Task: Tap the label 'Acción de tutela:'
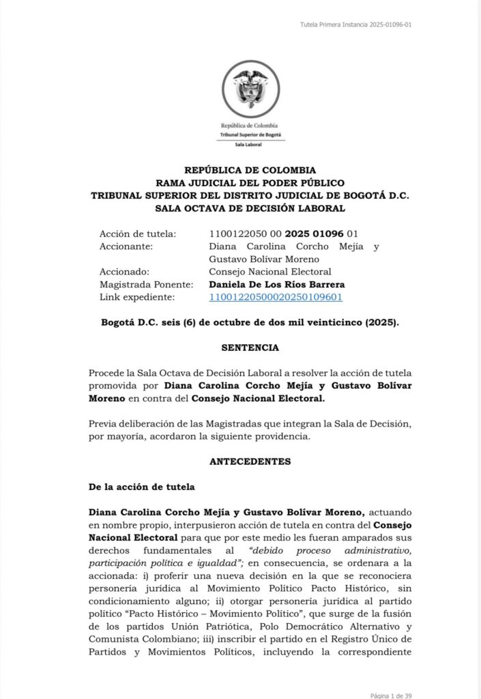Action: coord(137,233)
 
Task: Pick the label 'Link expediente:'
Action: coord(137,297)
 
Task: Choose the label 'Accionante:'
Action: coord(126,246)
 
